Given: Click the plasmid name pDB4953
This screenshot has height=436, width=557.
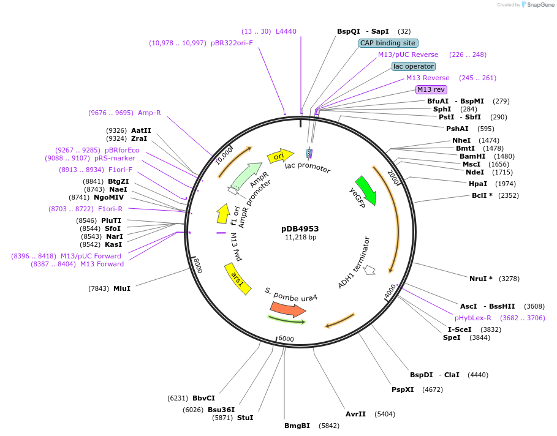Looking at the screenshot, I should [300, 228].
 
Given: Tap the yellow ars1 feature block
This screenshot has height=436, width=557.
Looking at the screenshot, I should [238, 279].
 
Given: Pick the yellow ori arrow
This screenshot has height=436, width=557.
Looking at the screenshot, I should [280, 156].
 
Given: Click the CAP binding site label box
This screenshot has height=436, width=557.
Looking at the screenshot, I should [388, 43].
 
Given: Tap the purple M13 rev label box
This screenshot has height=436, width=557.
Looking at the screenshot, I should [431, 89].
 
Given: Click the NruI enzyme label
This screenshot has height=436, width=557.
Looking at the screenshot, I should [477, 279].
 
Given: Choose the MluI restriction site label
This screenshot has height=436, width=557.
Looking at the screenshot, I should [121, 288].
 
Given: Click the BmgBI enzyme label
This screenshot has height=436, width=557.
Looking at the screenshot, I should [297, 426].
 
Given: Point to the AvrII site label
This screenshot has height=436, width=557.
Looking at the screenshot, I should [355, 414].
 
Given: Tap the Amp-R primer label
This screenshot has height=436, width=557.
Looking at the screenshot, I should [149, 113].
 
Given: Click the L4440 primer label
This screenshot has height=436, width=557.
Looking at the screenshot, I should [286, 31].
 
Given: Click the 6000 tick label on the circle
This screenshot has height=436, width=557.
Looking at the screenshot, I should [286, 339].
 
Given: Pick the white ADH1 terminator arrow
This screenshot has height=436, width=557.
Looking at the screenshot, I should [369, 269].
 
